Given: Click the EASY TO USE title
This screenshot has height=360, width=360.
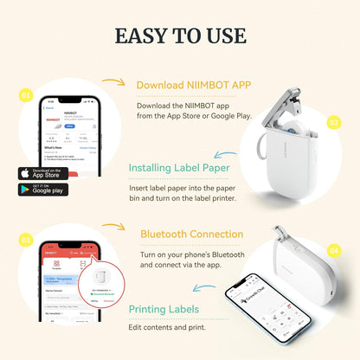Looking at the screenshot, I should tap(179, 35).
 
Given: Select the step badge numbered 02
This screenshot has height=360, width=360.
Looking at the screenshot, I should tap(333, 122).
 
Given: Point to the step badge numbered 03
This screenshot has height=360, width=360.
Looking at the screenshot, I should tap(27, 238).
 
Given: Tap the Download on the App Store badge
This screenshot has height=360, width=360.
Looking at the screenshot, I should tap(42, 172).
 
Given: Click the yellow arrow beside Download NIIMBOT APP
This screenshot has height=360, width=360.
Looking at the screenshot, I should tap(115, 82).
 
